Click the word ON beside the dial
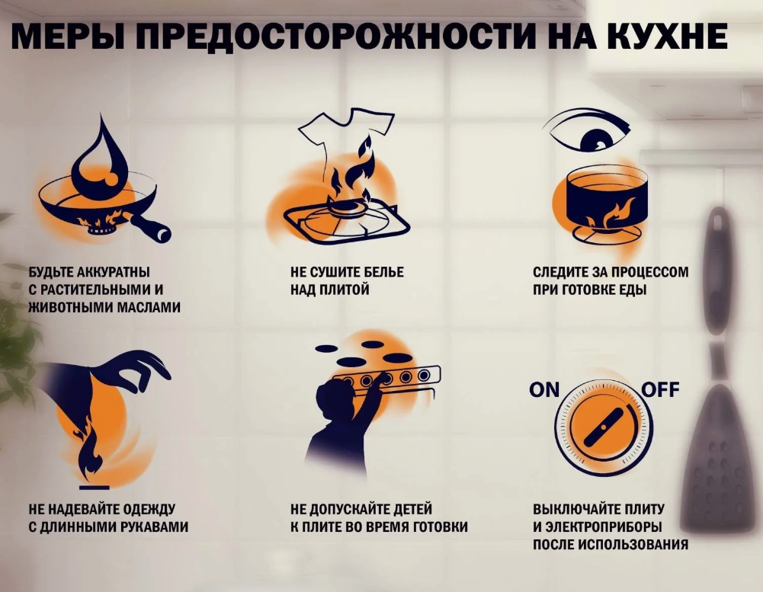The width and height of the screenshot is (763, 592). point(544,391)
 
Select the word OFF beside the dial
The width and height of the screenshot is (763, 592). point(660,391)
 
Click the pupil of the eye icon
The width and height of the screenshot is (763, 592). point(593,140)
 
